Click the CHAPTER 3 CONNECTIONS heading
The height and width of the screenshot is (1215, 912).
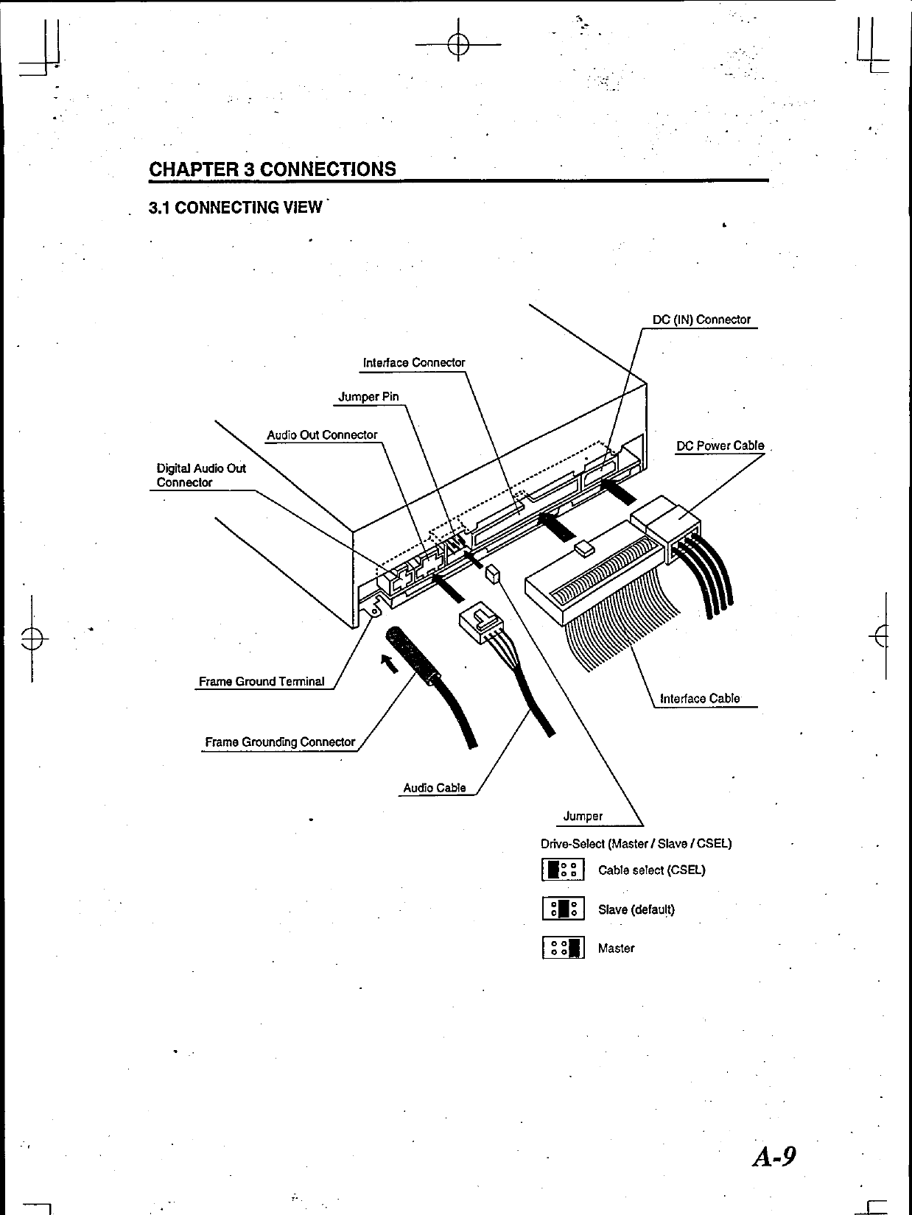[x=273, y=169]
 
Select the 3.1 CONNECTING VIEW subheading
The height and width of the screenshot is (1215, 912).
[x=235, y=208]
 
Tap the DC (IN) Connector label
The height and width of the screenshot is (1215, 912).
[x=701, y=320]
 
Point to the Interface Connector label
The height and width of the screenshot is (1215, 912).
[x=414, y=362]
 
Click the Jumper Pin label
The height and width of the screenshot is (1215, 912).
[x=368, y=397]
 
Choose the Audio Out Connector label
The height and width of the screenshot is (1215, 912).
[x=322, y=435]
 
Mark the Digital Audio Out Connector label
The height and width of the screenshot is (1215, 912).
[x=201, y=476]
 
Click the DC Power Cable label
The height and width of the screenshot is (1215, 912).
[x=720, y=446]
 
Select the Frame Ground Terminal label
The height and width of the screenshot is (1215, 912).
[x=262, y=682]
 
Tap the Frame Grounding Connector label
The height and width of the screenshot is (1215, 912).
[x=280, y=742]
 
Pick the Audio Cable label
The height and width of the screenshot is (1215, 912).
[x=435, y=788]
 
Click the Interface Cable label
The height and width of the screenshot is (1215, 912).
[x=700, y=699]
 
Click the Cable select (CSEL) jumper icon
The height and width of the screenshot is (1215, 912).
[x=564, y=870]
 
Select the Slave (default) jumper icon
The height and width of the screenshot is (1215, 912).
[x=564, y=909]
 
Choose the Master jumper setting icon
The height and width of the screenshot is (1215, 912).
[x=564, y=948]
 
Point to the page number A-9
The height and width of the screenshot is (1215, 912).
[x=774, y=1157]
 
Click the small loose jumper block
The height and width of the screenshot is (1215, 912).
[x=493, y=574]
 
